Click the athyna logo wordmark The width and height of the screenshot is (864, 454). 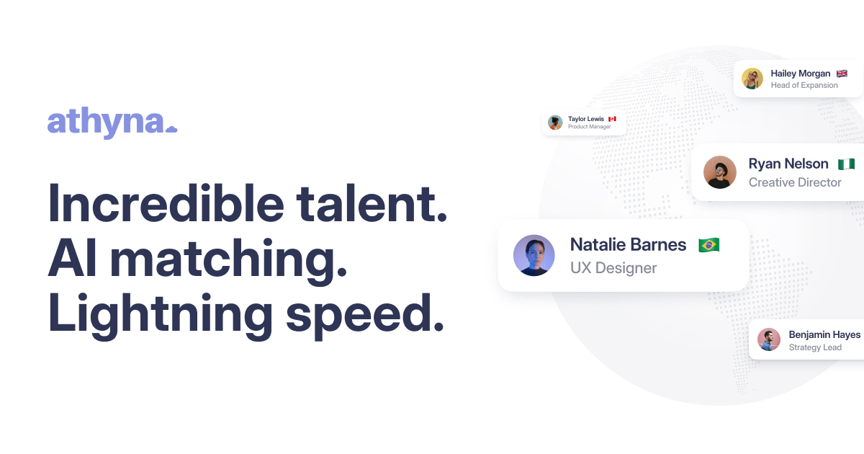point(112,122)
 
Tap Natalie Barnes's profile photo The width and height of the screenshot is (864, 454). point(534,255)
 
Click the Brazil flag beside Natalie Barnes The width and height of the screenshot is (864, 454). point(708,245)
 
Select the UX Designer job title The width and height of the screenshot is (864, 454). point(613,268)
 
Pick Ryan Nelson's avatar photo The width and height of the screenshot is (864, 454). point(720,172)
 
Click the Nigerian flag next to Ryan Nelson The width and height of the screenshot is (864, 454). point(846,164)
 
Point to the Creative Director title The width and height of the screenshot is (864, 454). point(795,182)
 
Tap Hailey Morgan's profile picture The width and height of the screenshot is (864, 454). point(752,79)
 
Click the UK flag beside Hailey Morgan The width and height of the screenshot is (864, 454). point(842,74)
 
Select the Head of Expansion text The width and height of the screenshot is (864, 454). point(804,85)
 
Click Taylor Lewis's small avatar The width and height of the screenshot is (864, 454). point(555,123)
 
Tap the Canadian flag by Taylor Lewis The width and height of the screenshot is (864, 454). point(612,119)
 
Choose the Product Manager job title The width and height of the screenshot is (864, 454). point(589,127)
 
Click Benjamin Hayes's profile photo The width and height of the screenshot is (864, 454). point(769,339)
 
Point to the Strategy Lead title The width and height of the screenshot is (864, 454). point(815,347)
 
